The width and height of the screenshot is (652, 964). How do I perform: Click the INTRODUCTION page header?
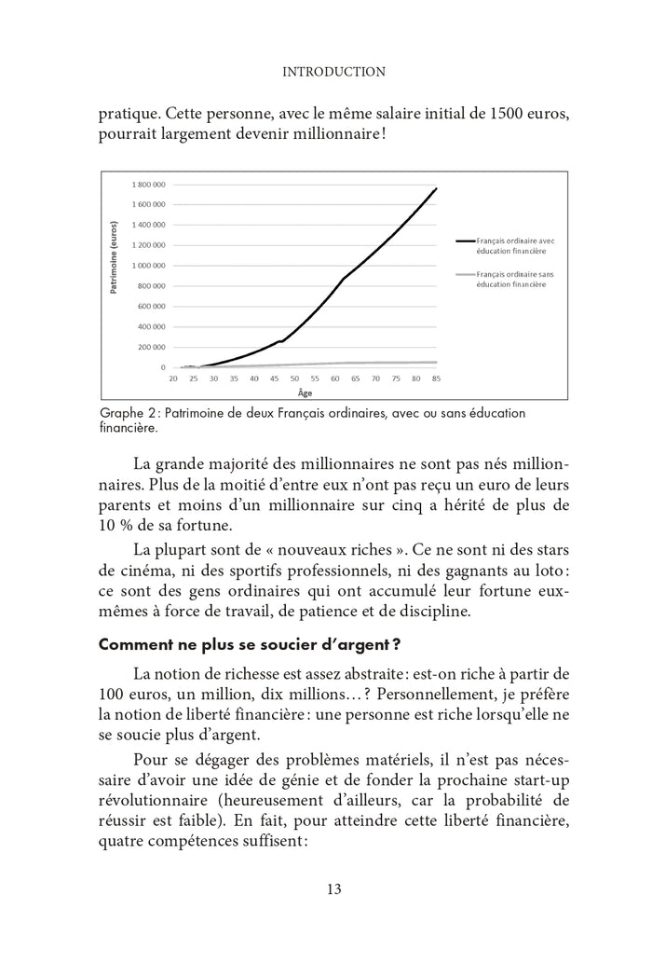[x=333, y=70]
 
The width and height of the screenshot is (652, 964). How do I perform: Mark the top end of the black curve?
[x=436, y=188]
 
